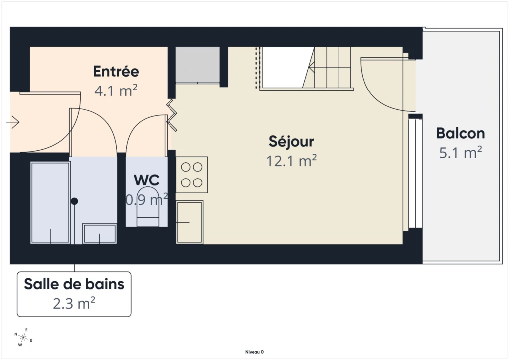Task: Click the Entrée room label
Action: click(x=116, y=71)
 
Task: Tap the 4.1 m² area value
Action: click(x=116, y=90)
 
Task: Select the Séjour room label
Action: click(x=291, y=142)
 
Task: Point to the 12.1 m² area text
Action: click(x=291, y=161)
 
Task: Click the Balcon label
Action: click(x=460, y=133)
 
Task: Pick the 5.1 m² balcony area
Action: click(x=460, y=152)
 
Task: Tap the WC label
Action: click(x=147, y=180)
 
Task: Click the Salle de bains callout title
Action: click(x=74, y=284)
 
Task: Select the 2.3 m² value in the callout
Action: click(x=74, y=303)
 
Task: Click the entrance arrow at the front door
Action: click(x=13, y=122)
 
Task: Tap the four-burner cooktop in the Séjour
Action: click(x=192, y=175)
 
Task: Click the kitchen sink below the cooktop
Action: click(x=190, y=222)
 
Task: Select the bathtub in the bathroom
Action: click(x=50, y=202)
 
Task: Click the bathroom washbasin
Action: click(x=99, y=233)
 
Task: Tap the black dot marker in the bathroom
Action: click(x=74, y=201)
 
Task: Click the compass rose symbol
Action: click(x=23, y=337)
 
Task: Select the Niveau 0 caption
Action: click(x=254, y=352)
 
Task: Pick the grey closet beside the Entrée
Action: click(x=198, y=64)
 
